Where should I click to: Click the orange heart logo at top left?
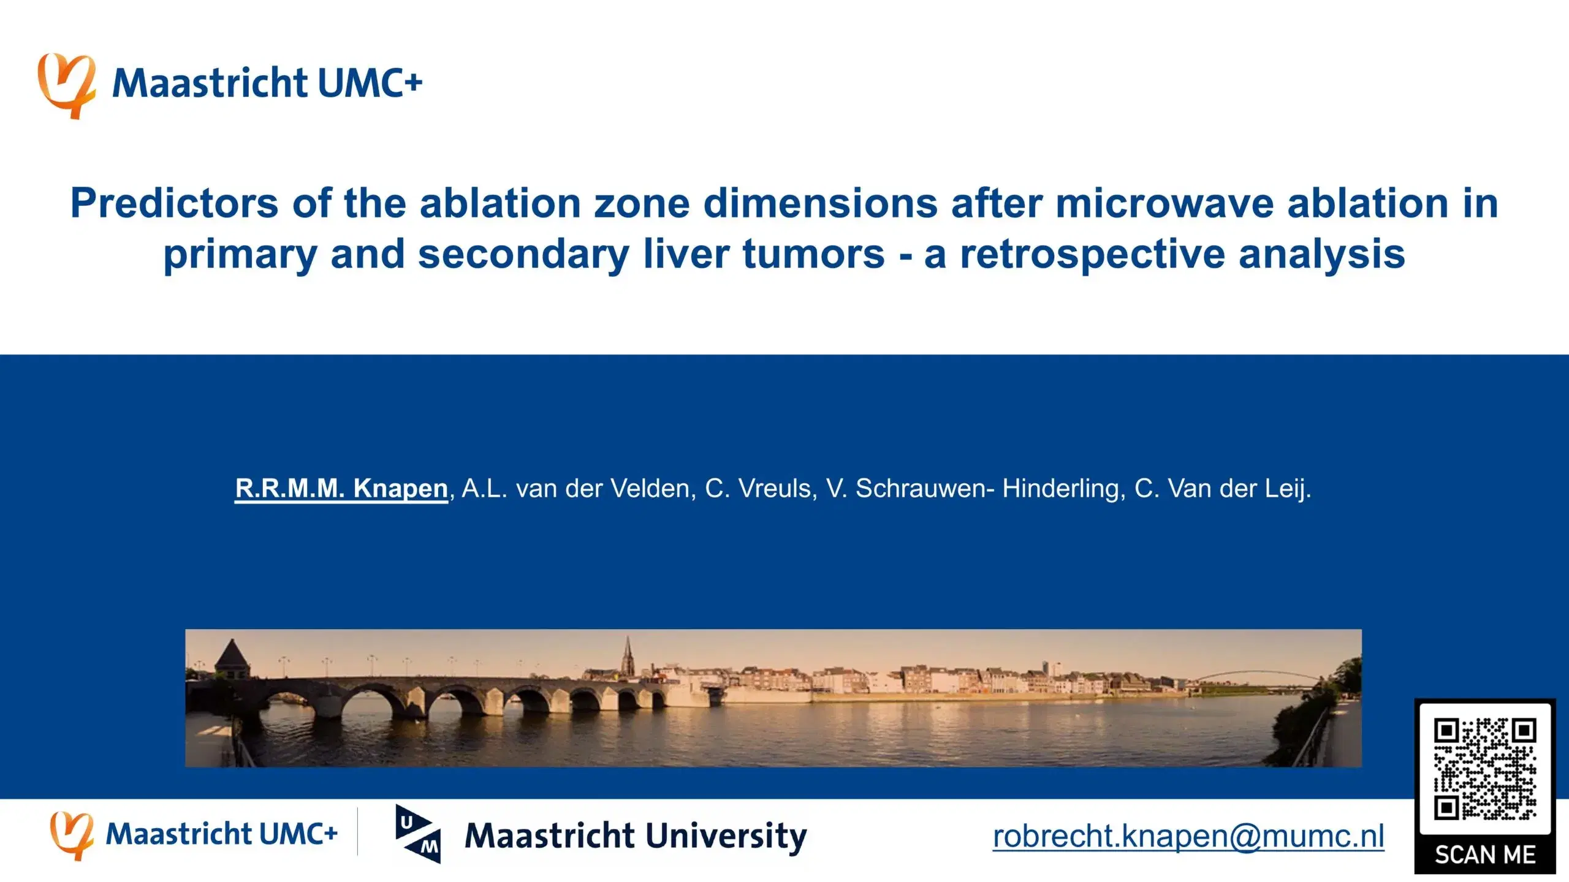[67, 86]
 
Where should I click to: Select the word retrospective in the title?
[1092, 254]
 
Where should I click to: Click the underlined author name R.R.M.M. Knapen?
[341, 489]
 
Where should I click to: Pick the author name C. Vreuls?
[761, 489]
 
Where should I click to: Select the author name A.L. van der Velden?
[579, 489]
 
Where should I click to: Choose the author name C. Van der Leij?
[1223, 489]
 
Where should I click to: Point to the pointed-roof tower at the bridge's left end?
[232, 659]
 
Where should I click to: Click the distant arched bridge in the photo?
[1256, 680]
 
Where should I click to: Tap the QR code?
[1484, 769]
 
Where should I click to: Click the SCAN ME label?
[1485, 854]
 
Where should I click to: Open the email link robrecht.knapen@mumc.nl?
[1188, 836]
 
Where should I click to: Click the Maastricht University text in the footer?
[636, 836]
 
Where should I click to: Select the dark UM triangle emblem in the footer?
[418, 834]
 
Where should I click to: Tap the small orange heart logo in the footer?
[72, 835]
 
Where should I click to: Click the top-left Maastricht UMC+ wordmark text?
[267, 83]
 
